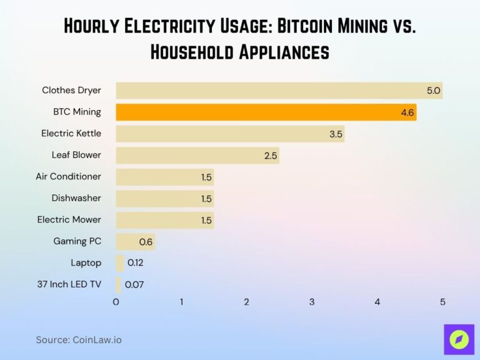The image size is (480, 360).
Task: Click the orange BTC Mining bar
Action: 266,112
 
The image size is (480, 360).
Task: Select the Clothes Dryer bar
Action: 279,91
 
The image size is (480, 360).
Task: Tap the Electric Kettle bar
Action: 229,134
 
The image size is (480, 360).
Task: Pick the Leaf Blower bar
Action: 197,155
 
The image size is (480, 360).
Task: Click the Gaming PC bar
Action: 135,242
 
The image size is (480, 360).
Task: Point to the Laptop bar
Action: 119,263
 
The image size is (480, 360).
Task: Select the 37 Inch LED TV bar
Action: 118,284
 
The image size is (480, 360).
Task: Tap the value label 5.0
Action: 433,91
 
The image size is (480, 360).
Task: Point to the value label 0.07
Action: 135,284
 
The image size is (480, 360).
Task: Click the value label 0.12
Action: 135,263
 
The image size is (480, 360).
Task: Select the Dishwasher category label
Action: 76,198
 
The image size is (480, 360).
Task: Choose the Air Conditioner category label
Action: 68,177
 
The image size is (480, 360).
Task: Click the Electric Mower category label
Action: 69,220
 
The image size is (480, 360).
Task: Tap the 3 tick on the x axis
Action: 312,302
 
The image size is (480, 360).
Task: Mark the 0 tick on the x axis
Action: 116,302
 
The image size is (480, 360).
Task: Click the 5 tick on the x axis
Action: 442,302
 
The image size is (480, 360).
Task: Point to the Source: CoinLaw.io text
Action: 79,340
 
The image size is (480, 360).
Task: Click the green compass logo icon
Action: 459,340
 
